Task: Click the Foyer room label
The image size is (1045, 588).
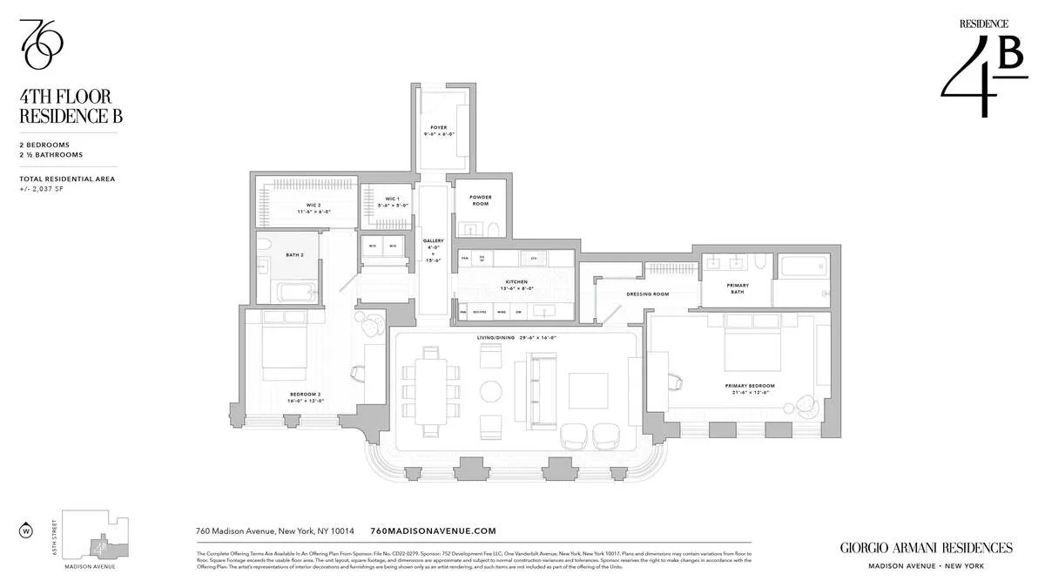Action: (x=438, y=127)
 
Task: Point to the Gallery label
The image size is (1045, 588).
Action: (x=433, y=240)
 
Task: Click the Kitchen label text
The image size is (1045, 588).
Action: (x=516, y=282)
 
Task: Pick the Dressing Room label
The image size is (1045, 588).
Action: (x=647, y=294)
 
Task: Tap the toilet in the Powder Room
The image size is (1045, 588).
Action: (x=491, y=229)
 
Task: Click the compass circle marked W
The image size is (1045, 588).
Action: (x=25, y=530)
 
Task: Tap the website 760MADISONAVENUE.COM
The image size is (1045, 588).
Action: (x=433, y=531)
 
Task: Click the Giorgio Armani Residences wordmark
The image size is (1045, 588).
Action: (x=926, y=548)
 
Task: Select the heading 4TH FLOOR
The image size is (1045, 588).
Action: (x=65, y=97)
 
